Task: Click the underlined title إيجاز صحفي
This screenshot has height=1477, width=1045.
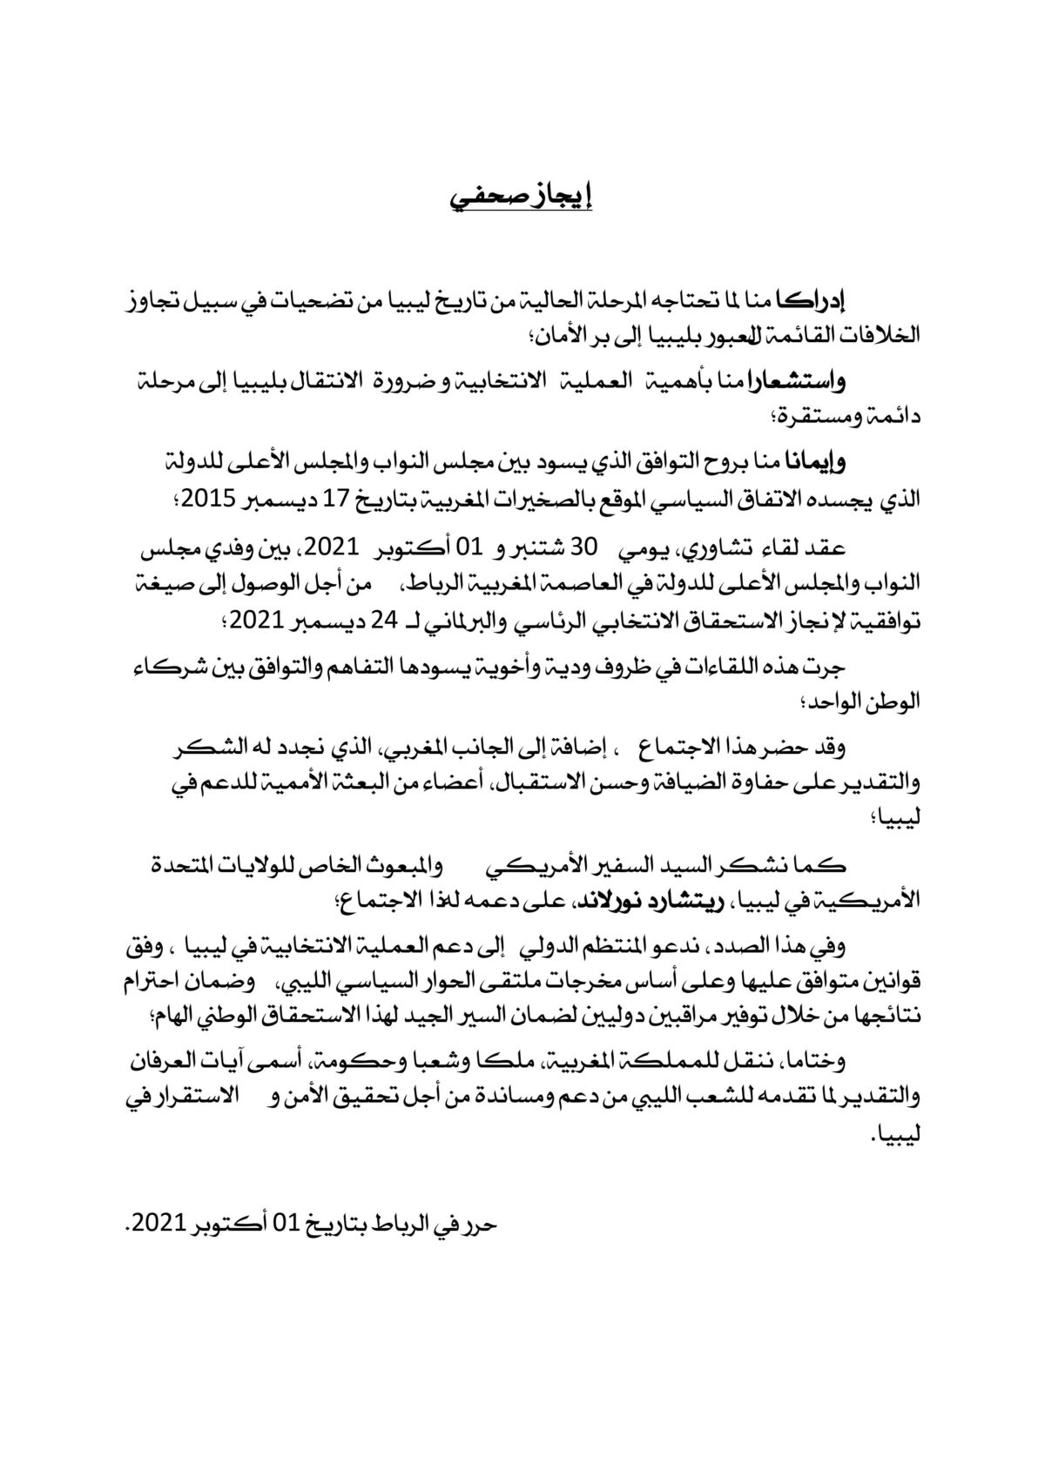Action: click(521, 198)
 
